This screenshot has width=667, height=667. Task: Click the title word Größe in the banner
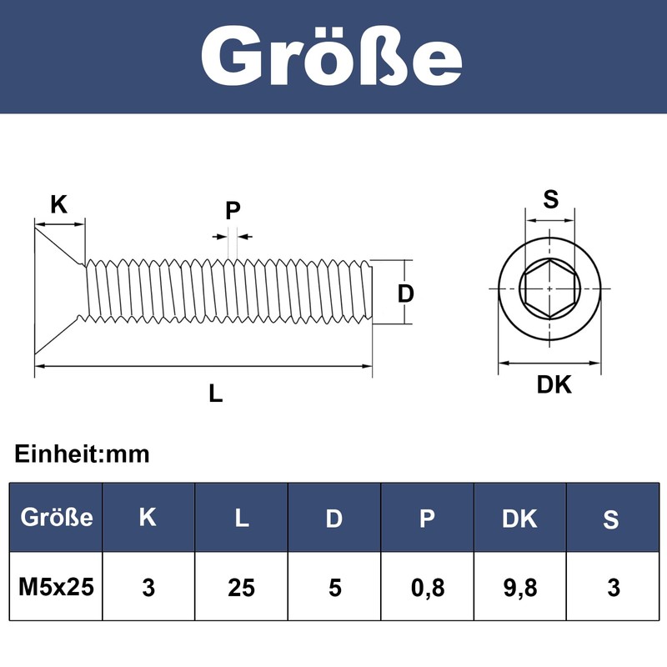click(x=332, y=56)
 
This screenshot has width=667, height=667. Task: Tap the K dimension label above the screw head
click(x=58, y=204)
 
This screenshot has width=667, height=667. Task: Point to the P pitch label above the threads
click(x=233, y=210)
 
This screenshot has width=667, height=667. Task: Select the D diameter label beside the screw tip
click(x=405, y=293)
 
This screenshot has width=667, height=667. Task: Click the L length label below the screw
click(x=216, y=393)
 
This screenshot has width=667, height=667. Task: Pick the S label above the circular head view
click(x=550, y=198)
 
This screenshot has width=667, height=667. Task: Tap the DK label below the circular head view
click(x=554, y=384)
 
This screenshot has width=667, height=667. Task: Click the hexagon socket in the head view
click(x=549, y=288)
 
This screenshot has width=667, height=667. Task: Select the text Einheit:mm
click(x=82, y=454)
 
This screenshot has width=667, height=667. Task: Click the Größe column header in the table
click(x=56, y=517)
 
